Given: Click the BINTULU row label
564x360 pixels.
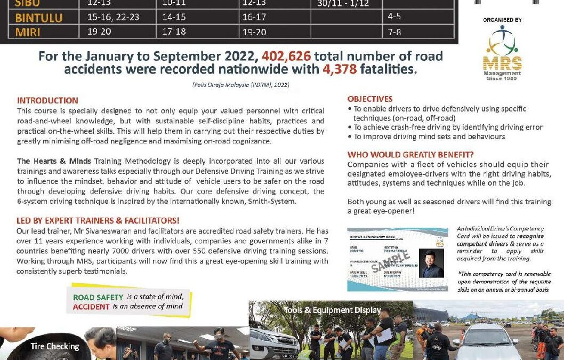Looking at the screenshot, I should tap(39, 18).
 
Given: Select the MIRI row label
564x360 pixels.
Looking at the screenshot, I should tap(28, 31).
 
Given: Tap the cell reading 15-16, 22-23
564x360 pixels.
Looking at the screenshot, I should tap(113, 17).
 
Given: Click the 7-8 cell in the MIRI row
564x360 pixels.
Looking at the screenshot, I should tap(394, 31).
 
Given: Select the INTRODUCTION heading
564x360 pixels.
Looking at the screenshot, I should tap(47, 100).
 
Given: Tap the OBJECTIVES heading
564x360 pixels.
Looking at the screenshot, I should tap(370, 99).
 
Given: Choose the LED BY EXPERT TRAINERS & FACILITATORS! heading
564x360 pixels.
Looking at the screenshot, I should tap(98, 220).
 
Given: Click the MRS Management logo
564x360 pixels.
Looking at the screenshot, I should tap(502, 53).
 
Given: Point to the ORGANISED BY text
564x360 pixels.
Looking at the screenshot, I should tap(502, 20).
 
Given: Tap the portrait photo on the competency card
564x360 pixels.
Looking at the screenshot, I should tap(431, 263).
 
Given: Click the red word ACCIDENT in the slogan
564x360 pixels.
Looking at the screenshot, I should tap(91, 307).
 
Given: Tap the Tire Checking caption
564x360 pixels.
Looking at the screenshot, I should tap(54, 346).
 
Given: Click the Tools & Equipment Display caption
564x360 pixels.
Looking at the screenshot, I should tap(332, 310).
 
